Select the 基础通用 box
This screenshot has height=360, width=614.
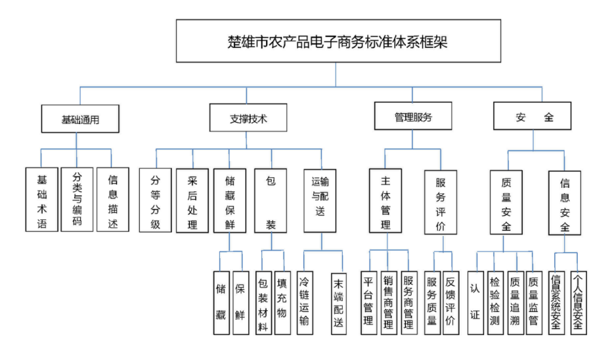pyautogui.click(x=80, y=119)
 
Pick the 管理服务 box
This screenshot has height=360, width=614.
pyautogui.click(x=413, y=117)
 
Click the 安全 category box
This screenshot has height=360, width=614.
pyautogui.click(x=532, y=117)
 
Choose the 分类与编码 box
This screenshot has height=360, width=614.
pyautogui.click(x=77, y=199)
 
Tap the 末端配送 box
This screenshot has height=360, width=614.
pyautogui.click(x=338, y=303)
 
